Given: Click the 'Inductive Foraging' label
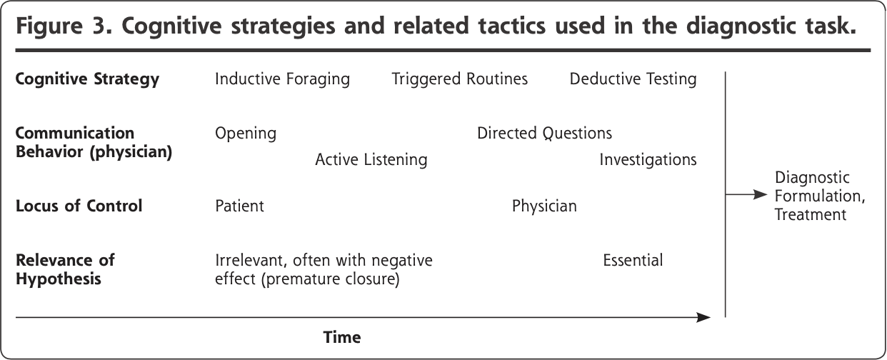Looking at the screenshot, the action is (x=282, y=79).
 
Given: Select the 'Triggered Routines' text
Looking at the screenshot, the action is (x=460, y=79).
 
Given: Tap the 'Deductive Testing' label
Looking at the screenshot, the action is (x=633, y=79).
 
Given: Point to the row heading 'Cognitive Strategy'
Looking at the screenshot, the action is (x=88, y=79).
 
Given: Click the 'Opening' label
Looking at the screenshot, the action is (x=246, y=134).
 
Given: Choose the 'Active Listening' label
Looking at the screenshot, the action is (x=371, y=160).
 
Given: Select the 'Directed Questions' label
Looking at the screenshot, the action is (x=544, y=134).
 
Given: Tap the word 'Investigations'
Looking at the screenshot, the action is (x=648, y=160).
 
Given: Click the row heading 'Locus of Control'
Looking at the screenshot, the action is (x=79, y=206).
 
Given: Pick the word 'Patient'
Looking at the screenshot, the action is (x=239, y=206).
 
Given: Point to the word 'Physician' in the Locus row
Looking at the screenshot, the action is (x=544, y=206).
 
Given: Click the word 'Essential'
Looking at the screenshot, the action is (x=633, y=261).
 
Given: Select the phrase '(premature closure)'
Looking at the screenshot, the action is (x=330, y=279).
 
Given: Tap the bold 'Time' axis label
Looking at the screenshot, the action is (x=342, y=337).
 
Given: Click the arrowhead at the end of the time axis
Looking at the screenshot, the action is (x=703, y=317).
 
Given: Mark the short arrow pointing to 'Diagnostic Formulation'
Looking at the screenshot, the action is (x=746, y=194).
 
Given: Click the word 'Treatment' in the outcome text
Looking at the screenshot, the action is (x=810, y=215).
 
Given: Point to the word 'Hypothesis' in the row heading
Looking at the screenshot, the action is (x=59, y=279).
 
